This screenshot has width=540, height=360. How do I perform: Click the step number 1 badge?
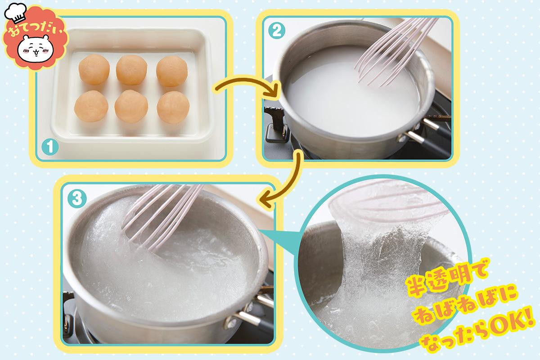tap(50, 147)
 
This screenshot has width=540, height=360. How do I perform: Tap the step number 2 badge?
tap(277, 31)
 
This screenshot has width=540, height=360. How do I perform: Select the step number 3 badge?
tap(77, 199)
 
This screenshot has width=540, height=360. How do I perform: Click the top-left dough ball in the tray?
tap(94, 69)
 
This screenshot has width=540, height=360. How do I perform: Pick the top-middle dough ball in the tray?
tap(131, 70)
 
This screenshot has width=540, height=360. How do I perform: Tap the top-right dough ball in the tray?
tap(171, 72)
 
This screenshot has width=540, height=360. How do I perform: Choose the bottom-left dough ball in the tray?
tap(91, 106)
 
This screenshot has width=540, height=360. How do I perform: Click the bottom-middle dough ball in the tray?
tap(131, 106)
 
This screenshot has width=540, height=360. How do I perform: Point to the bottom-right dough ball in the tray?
tap(173, 108)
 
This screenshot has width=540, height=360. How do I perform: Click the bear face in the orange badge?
tap(36, 49)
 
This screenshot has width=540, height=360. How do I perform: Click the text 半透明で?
tap(446, 277)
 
